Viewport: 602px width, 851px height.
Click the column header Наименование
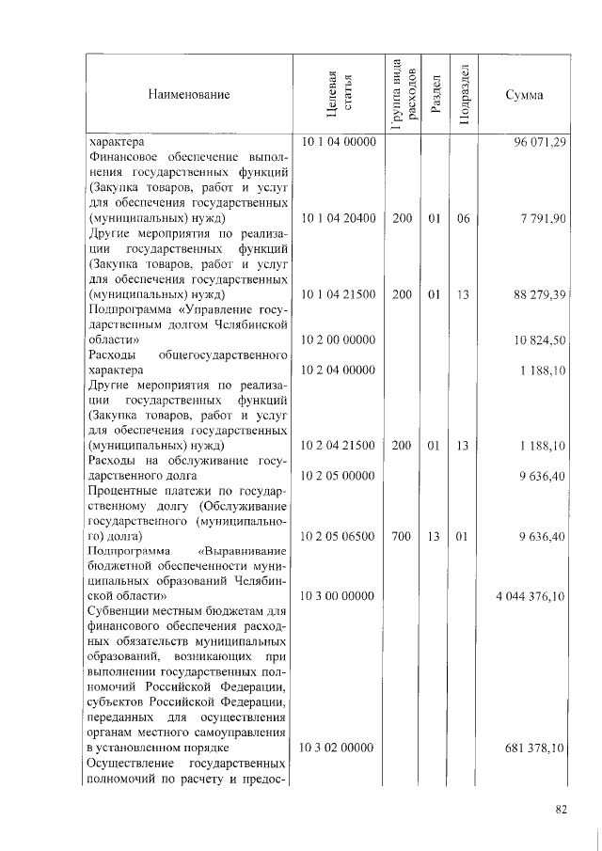pyautogui.click(x=187, y=94)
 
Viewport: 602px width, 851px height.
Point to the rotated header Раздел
pyautogui.click(x=434, y=94)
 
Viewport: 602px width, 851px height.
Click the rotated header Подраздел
pyautogui.click(x=463, y=94)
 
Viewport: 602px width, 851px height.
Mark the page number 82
pyautogui.click(x=562, y=809)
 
